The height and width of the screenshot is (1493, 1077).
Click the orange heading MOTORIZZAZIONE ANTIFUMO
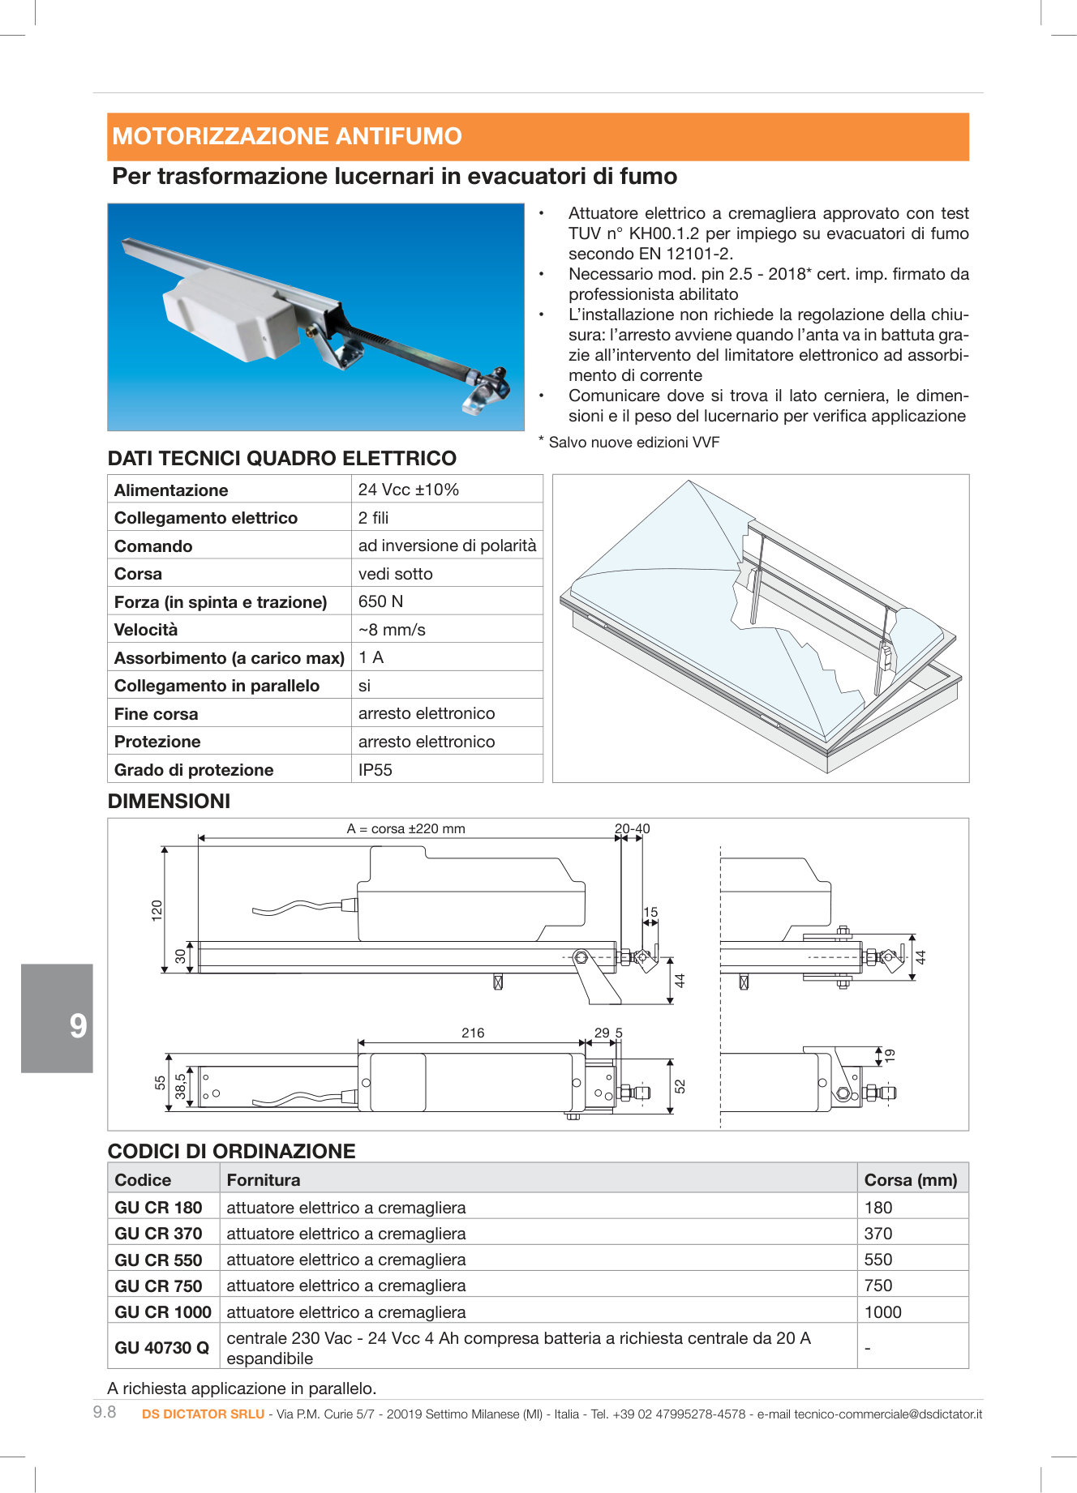click(x=287, y=136)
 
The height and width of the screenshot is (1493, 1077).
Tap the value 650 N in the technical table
click(x=380, y=601)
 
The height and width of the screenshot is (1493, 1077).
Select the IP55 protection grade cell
click(x=375, y=770)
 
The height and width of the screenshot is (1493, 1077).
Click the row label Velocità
click(x=146, y=630)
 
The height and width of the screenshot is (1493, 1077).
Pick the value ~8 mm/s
click(x=392, y=630)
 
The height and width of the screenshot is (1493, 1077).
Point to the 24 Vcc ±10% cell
click(x=409, y=490)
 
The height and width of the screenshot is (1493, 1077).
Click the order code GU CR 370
click(x=158, y=1234)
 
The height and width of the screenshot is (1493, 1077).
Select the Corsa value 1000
click(x=883, y=1312)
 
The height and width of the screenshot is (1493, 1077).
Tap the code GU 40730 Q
click(x=161, y=1348)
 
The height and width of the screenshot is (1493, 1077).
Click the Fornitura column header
click(x=264, y=1180)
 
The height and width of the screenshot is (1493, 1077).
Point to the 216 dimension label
click(x=473, y=1033)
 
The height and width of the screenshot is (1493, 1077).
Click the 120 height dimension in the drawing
click(x=157, y=909)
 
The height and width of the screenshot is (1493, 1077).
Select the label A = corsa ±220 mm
click(x=405, y=829)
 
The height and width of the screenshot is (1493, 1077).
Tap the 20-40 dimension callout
click(x=632, y=829)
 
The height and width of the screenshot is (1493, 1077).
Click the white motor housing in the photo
click(x=231, y=312)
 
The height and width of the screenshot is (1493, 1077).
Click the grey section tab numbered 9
click(x=58, y=1026)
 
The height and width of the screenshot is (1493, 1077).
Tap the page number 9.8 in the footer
click(x=105, y=1413)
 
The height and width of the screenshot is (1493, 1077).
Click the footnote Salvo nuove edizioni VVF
click(x=633, y=443)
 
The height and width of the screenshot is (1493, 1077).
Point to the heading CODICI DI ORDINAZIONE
click(x=232, y=1151)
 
